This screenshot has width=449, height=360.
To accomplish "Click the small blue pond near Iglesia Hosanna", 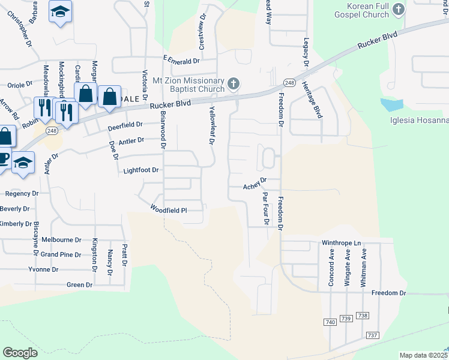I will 392,104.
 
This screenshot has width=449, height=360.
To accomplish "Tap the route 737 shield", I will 372,335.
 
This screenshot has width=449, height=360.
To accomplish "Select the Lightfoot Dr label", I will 141,170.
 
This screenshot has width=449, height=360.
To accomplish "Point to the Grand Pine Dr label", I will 61,254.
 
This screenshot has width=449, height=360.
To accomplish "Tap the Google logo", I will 20,353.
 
